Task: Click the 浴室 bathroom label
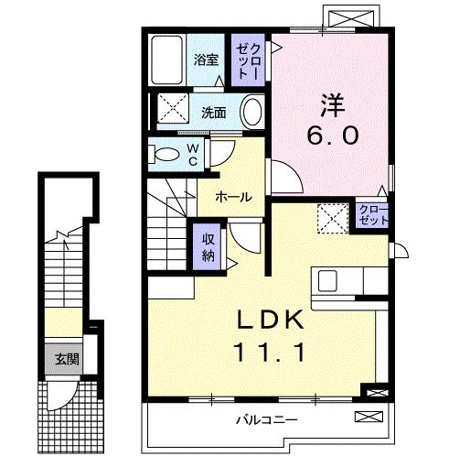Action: (206, 60)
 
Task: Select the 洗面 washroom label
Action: (214, 114)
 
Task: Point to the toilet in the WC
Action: (165, 153)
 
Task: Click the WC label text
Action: (193, 152)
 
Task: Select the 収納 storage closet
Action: (208, 244)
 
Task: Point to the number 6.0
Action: (332, 136)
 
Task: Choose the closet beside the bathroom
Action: (250, 60)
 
